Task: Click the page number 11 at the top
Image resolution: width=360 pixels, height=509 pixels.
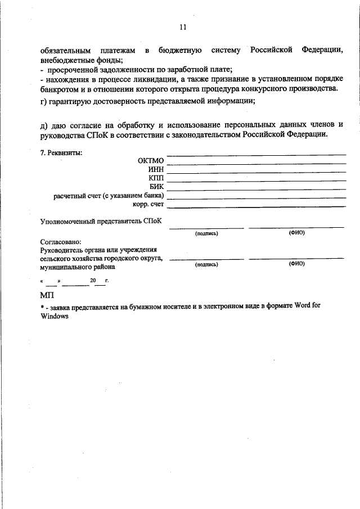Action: click(x=182, y=27)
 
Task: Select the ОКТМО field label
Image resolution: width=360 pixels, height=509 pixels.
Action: click(x=150, y=160)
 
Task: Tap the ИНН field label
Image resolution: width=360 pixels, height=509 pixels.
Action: click(x=155, y=169)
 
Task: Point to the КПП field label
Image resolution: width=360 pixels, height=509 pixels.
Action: click(x=156, y=178)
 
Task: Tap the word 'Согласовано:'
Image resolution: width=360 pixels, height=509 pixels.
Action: click(x=61, y=242)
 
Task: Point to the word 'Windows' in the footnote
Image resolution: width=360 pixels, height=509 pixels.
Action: click(x=54, y=316)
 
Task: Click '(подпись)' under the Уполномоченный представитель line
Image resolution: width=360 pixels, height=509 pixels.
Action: click(x=206, y=233)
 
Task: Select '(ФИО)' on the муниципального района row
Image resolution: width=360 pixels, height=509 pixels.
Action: click(x=296, y=263)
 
